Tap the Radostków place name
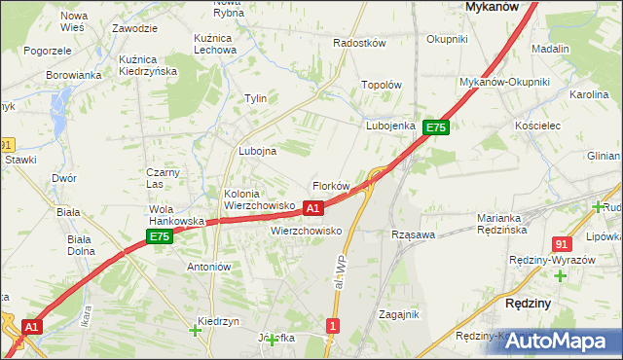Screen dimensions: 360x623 click(x=360, y=44)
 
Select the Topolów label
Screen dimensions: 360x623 click(x=382, y=85)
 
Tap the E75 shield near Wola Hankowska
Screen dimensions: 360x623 click(x=160, y=236)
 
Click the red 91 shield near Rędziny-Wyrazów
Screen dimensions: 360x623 click(x=561, y=244)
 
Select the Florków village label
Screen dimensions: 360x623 click(x=330, y=186)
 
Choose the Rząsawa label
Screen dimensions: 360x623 click(x=412, y=234)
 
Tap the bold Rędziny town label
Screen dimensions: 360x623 click(x=531, y=304)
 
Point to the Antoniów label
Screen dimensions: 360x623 click(x=208, y=267)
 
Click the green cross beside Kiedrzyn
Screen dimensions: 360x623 click(x=195, y=332)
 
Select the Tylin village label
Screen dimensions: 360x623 click(x=255, y=99)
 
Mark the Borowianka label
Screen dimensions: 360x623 click(x=74, y=75)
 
